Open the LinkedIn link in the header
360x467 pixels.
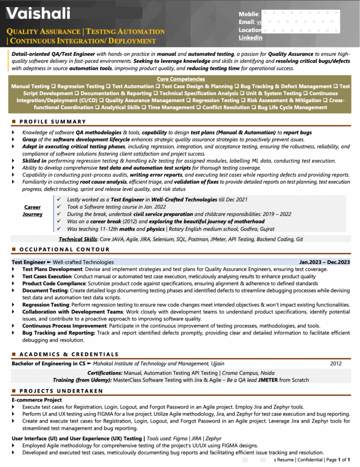click(250, 37)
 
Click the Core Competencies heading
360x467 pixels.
click(180, 79)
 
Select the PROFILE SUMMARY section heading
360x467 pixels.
click(53, 121)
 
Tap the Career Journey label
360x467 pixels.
click(32, 211)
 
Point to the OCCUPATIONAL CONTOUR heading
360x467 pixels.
click(65, 249)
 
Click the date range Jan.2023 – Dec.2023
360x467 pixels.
click(324, 262)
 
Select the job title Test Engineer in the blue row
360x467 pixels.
click(28, 262)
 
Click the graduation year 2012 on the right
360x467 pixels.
click(335, 364)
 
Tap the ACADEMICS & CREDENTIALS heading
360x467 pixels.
click(69, 354)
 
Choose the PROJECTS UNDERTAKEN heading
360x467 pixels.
click(61, 391)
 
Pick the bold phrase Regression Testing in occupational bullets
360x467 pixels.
click(45, 305)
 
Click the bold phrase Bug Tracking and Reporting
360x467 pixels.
click(59, 333)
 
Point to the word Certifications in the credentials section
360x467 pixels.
click(105, 373)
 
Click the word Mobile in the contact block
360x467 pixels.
click(248, 14)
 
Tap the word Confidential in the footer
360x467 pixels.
click(310, 460)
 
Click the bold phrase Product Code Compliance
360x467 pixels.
click(54, 283)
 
